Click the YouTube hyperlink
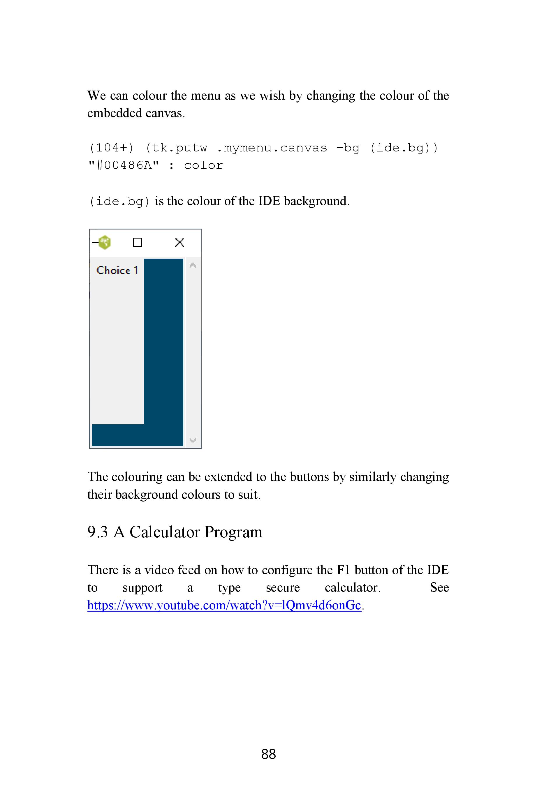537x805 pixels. coord(224,605)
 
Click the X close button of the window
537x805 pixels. coord(179,242)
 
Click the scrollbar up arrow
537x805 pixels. coord(193,265)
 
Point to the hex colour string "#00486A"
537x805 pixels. coord(124,166)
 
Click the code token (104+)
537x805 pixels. coord(111,148)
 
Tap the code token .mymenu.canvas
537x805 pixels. coord(272,148)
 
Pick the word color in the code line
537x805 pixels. coord(203,166)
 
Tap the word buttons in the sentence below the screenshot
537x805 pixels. coord(307,477)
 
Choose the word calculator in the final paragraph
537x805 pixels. coord(352,588)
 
